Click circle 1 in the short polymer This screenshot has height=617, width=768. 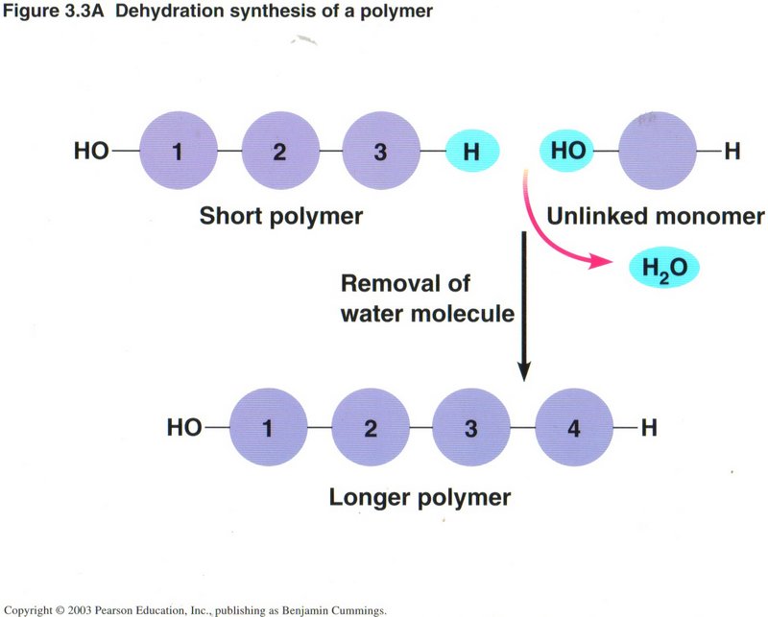tap(178, 152)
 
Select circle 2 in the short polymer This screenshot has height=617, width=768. tap(279, 152)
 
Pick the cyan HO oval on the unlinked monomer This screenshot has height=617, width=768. tap(566, 151)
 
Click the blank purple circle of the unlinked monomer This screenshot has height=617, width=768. tap(657, 151)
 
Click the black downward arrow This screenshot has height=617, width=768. tap(523, 307)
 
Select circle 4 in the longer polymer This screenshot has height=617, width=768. tap(573, 428)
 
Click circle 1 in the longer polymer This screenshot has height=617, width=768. tap(269, 428)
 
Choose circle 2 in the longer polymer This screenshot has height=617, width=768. tap(371, 428)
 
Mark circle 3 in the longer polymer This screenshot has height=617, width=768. tap(470, 428)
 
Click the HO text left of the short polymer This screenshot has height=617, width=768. tap(91, 152)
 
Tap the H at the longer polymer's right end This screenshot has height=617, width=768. tap(648, 428)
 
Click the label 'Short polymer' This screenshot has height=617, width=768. tap(280, 216)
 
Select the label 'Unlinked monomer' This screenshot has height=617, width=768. tap(656, 216)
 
